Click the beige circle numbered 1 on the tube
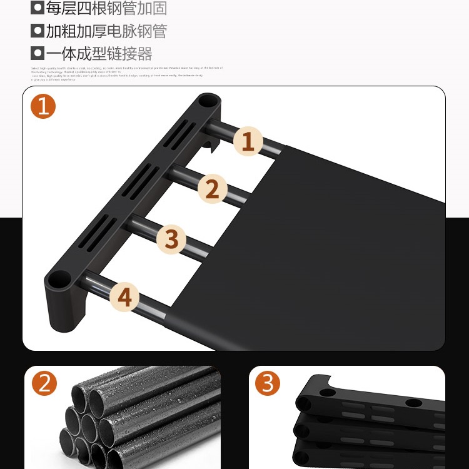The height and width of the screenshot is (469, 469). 248,141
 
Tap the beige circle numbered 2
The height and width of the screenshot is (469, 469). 213,188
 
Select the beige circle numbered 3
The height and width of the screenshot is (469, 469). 171,239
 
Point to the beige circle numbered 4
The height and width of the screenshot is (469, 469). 125,296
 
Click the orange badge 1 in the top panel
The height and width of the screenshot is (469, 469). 43,106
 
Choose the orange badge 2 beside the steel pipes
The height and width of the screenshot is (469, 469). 43,383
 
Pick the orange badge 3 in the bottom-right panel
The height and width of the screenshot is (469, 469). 268,383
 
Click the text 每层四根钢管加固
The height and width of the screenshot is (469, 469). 106,9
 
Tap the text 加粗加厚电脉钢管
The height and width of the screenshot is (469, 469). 106,31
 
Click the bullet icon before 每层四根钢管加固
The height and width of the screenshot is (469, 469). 38,9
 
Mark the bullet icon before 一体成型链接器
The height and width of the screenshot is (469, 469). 38,53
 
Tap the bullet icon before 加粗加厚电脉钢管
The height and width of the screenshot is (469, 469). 38,31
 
